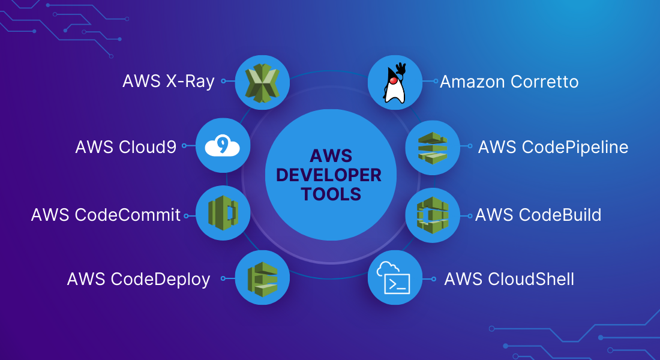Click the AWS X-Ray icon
tap(262, 83)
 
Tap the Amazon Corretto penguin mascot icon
tap(395, 83)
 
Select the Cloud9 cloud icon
tap(222, 146)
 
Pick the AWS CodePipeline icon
tap(433, 148)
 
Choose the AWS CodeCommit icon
tap(223, 213)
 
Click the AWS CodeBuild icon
tap(433, 215)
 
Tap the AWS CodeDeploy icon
tap(263, 279)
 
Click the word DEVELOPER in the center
tap(329, 175)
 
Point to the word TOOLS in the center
tap(331, 194)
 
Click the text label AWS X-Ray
tap(169, 81)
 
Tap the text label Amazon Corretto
tap(509, 82)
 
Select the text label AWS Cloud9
tap(126, 147)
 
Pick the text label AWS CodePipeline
tap(553, 148)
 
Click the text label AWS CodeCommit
tap(106, 215)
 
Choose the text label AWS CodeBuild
tap(538, 215)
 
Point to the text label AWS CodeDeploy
tap(139, 280)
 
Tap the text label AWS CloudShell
tap(509, 279)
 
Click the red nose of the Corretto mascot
tap(394, 80)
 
